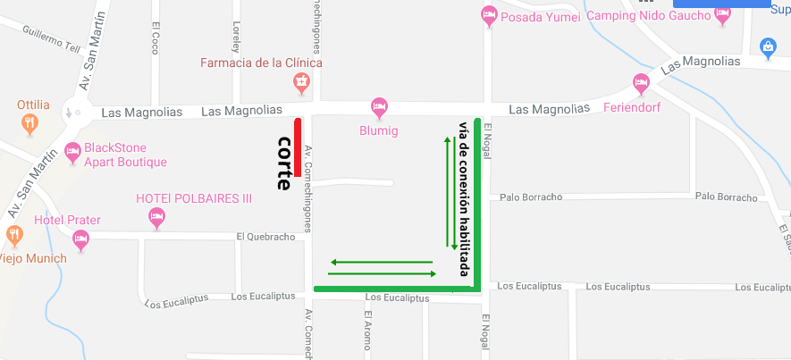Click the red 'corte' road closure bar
point(298,146)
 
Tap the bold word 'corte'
point(285,163)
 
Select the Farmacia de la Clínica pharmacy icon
point(302,84)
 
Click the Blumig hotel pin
point(379,107)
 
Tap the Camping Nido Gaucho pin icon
point(722,15)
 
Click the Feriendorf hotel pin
point(640,85)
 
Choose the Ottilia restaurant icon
point(29,122)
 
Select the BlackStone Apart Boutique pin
point(73,153)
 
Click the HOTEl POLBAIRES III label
point(193,198)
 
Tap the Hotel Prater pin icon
point(81,239)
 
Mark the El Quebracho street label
point(265,237)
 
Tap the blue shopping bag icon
point(767,46)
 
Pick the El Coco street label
point(156,38)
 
